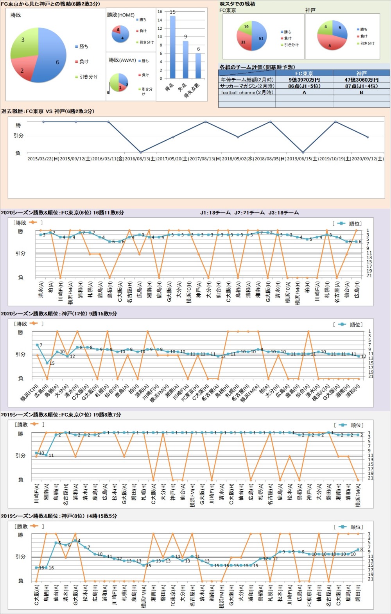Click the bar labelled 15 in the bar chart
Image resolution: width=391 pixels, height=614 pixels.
[172, 47]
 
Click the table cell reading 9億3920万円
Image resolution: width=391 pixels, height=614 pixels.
[304, 80]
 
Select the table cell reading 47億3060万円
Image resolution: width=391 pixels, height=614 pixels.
[361, 80]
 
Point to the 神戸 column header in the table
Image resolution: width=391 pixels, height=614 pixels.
[361, 73]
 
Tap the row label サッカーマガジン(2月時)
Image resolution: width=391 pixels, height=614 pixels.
[247, 86]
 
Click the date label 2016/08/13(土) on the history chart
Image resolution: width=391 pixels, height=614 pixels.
[140, 159]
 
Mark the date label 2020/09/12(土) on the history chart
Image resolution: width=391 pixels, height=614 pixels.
[368, 159]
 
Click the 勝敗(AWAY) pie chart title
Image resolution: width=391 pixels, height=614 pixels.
[122, 60]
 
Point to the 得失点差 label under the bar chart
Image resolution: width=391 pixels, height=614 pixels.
[192, 90]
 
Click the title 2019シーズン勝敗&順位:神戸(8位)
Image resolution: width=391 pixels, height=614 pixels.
[59, 516]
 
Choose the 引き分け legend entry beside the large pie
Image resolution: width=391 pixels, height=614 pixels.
[88, 77]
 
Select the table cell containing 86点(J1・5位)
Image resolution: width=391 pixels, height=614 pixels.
[304, 86]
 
